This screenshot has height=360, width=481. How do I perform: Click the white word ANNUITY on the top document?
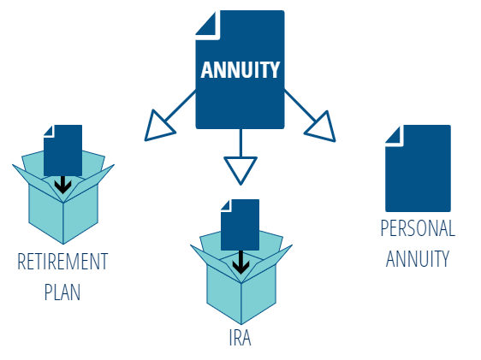pyautogui.click(x=240, y=70)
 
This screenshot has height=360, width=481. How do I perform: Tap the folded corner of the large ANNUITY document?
pyautogui.click(x=207, y=25)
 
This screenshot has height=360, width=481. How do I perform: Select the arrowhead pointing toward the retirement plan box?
pyautogui.click(x=159, y=127)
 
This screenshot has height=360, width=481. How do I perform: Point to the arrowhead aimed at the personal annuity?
pyautogui.click(x=322, y=127)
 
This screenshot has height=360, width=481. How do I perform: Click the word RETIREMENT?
pyautogui.click(x=62, y=262)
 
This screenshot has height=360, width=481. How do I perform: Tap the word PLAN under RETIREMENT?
pyautogui.click(x=62, y=292)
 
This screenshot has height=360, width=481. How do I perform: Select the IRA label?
pyautogui.click(x=240, y=338)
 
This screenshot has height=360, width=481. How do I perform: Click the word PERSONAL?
pyautogui.click(x=418, y=228)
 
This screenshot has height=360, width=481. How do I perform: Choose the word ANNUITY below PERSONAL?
pyautogui.click(x=418, y=258)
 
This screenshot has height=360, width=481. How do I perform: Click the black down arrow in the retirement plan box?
pyautogui.click(x=62, y=185)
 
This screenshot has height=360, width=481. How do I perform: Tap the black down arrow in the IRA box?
pyautogui.click(x=240, y=263)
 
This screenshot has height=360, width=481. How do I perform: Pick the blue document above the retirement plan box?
pyautogui.click(x=62, y=150)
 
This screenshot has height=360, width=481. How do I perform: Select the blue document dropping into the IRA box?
pyautogui.click(x=240, y=225)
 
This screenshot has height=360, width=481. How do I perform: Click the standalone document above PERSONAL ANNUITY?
pyautogui.click(x=418, y=168)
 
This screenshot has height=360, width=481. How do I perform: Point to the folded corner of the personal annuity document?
pyautogui.click(x=395, y=136)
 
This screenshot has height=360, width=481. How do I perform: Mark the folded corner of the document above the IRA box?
pyautogui.click(x=226, y=205)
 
